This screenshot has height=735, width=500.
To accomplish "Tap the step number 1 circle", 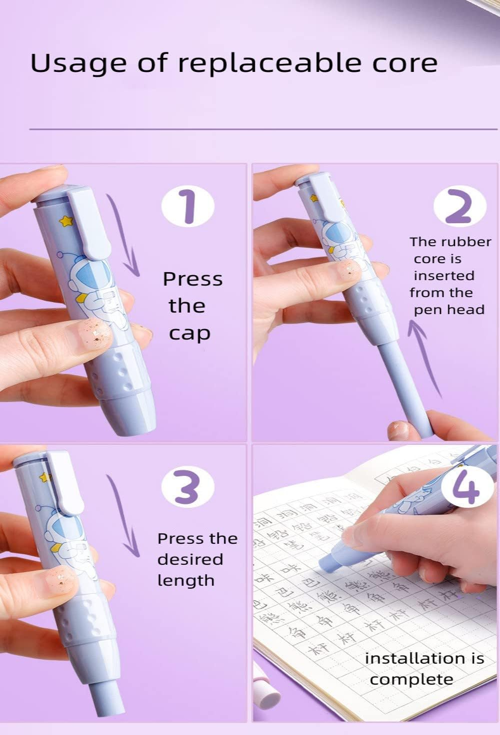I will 187,206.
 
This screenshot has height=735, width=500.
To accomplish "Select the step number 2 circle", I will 459,206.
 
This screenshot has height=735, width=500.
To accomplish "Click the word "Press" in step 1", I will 192,279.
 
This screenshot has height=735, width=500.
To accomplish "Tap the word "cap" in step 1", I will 189,333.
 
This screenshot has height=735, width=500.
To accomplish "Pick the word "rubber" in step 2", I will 467,242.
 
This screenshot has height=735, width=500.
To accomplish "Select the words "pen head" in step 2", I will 448,310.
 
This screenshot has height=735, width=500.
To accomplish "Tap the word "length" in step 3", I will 185,581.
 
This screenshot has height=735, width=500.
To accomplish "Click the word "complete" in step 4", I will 411,680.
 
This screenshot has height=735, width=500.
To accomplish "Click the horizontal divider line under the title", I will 263,129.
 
